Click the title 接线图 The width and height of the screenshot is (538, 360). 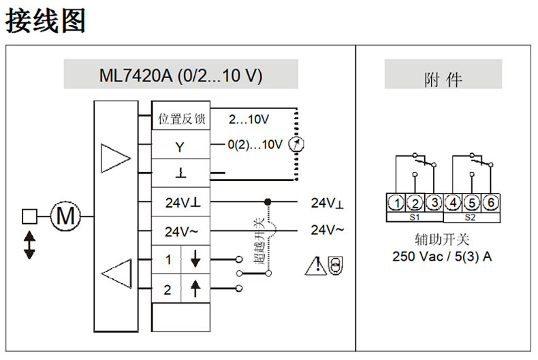(x=46, y=20)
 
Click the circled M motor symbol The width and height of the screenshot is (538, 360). (x=65, y=216)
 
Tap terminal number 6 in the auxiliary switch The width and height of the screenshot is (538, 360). (x=490, y=202)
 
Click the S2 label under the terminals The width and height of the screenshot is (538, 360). (x=471, y=218)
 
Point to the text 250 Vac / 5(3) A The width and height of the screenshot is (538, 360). (x=442, y=257)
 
